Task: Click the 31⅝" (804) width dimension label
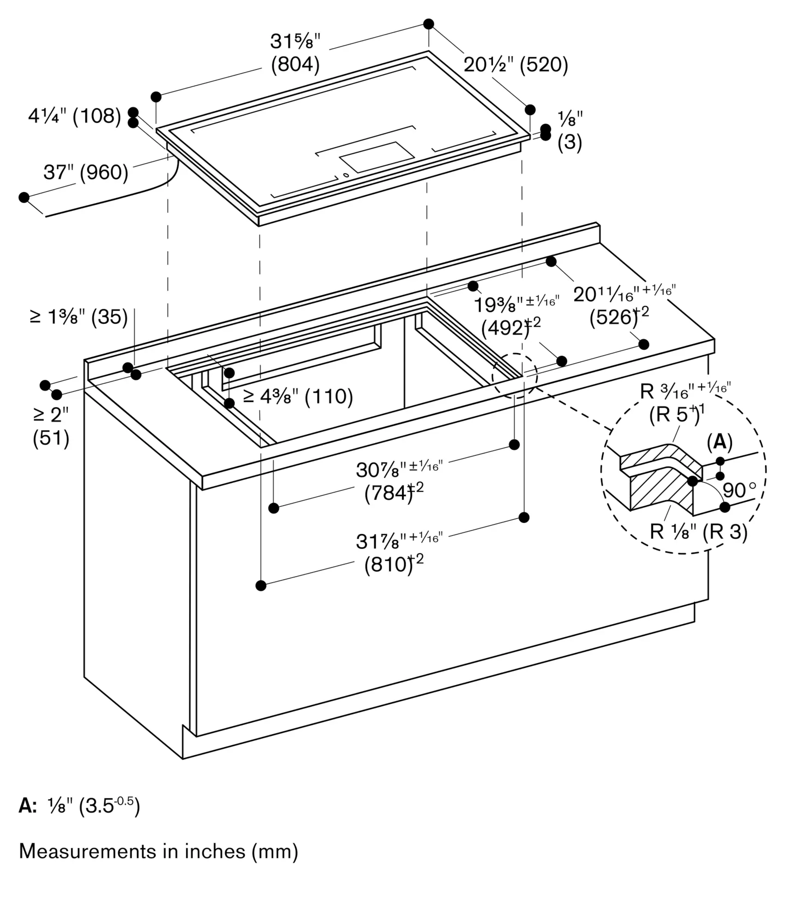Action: [x=295, y=53]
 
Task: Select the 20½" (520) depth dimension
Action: [x=515, y=65]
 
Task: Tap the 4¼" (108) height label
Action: [x=74, y=116]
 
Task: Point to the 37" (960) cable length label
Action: [x=86, y=173]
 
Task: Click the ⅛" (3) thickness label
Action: [x=570, y=131]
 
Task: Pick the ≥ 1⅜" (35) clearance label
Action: [x=78, y=317]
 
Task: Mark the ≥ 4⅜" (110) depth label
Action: [x=298, y=396]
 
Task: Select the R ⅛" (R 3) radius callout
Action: [x=698, y=532]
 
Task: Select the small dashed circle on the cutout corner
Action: [x=515, y=376]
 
